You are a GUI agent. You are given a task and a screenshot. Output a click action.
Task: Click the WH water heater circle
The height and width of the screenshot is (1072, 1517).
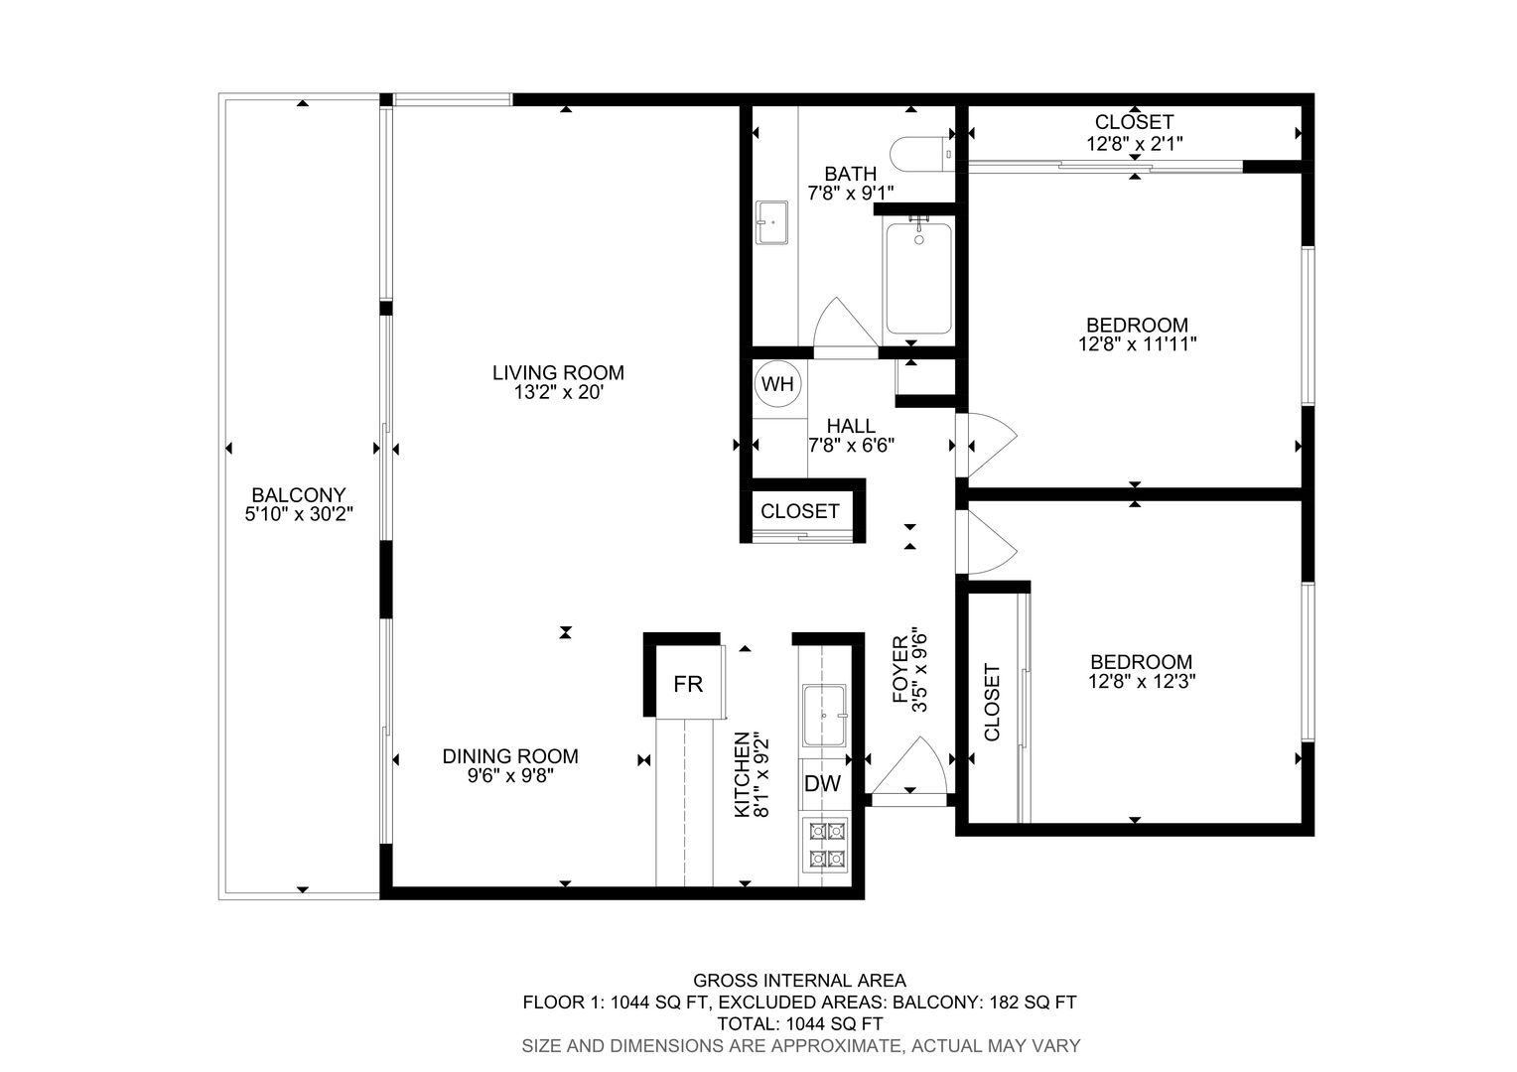coord(778,384)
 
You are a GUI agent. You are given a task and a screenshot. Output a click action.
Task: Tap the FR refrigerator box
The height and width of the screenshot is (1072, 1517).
coord(688,683)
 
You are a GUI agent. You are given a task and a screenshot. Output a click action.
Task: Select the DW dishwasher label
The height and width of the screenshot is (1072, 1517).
coord(822,783)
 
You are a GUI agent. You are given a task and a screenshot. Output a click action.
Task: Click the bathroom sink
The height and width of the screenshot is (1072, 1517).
coord(771,222)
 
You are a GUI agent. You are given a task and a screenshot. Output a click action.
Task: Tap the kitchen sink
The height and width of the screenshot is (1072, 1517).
coord(824,715)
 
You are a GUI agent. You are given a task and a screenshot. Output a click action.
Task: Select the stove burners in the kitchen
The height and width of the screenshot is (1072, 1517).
coord(828,845)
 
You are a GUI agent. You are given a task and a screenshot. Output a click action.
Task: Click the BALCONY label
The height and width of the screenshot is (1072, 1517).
coord(299,495)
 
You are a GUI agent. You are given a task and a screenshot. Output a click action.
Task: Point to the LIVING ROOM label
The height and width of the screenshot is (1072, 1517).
coord(558,372)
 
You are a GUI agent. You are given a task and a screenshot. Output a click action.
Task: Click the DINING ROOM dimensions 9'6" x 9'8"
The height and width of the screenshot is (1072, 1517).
coord(510,775)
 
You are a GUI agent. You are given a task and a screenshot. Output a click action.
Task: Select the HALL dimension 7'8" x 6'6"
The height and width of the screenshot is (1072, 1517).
coord(851,446)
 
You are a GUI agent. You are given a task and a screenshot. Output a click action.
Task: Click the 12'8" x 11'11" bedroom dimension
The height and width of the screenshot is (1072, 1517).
coord(1138,344)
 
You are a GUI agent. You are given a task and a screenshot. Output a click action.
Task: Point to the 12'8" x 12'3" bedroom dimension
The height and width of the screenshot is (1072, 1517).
coord(1142,681)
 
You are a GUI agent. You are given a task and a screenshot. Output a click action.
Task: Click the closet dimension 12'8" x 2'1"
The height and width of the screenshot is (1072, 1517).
coord(1135,144)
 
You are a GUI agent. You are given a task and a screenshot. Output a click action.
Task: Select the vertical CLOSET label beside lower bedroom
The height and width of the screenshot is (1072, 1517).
coord(992,702)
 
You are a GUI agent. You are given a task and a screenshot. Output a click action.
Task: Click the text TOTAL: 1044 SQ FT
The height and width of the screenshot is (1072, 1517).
coord(800,1024)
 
